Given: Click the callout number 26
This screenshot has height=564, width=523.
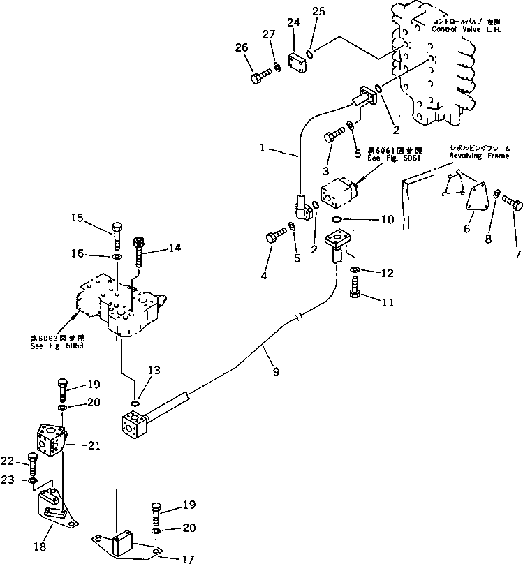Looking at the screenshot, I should pos(241,48).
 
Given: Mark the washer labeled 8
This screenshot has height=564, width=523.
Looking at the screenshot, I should pos(495,195).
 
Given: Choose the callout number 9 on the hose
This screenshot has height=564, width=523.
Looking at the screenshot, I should pos(277,372).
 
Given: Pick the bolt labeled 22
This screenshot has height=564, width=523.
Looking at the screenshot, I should pos(32,463).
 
